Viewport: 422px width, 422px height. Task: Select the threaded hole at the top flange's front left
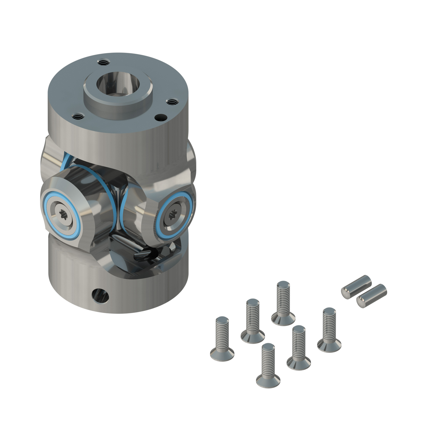[x=77, y=116]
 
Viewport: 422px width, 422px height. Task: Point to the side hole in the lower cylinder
[x=100, y=296]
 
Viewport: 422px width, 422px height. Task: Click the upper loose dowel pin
[x=356, y=287]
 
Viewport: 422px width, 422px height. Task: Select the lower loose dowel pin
[x=371, y=296]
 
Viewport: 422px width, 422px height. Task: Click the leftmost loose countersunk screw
[x=222, y=339]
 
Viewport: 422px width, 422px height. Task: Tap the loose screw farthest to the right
[x=329, y=330]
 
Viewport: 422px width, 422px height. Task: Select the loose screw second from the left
[x=253, y=321]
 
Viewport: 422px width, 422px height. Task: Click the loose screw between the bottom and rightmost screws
[x=298, y=348]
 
